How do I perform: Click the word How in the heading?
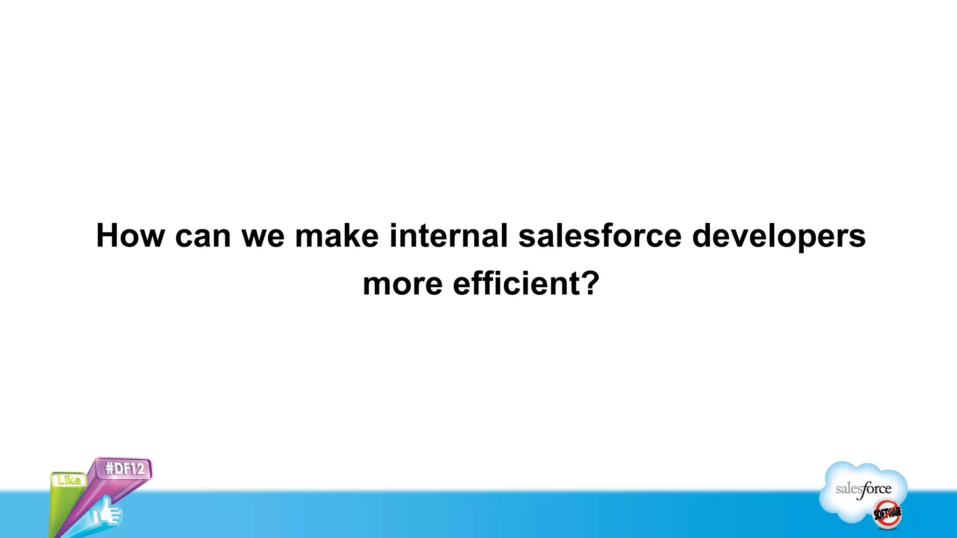click(130, 235)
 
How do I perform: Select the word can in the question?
click(203, 236)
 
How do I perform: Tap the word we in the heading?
click(263, 236)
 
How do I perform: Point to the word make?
click(336, 235)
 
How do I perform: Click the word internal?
click(448, 235)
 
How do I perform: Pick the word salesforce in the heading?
click(600, 235)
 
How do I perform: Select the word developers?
click(778, 236)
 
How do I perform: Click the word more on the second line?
click(402, 284)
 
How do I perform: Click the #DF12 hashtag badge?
click(124, 468)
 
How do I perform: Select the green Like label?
click(69, 480)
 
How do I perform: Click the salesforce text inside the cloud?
click(864, 489)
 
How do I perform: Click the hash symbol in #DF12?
click(110, 468)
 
